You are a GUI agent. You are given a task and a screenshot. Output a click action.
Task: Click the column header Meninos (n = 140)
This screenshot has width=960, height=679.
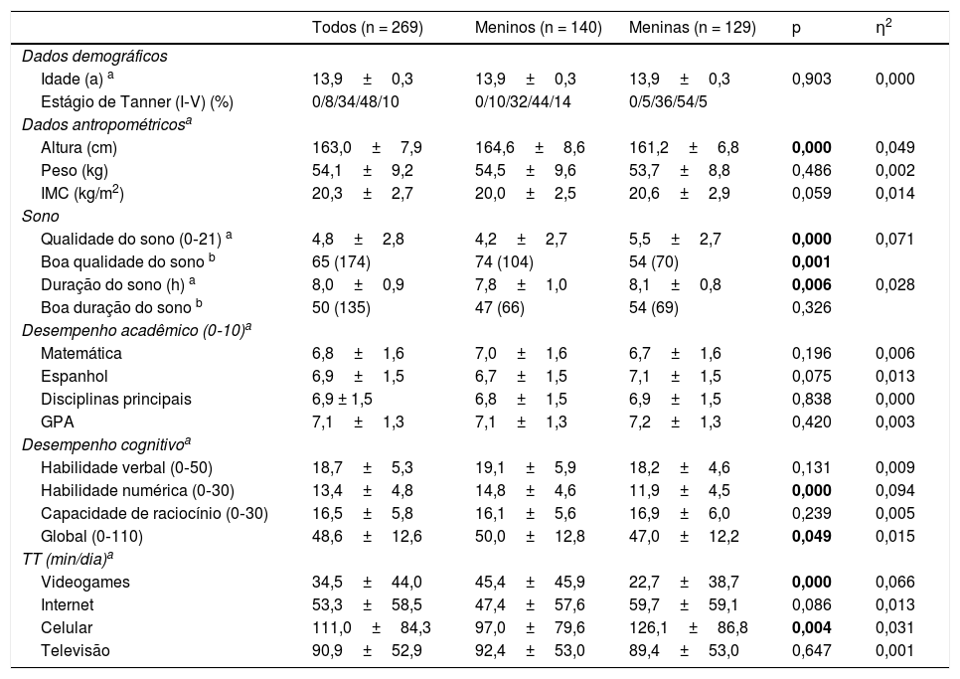(x=538, y=29)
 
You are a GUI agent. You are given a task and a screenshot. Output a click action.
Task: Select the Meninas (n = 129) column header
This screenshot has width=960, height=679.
(x=692, y=29)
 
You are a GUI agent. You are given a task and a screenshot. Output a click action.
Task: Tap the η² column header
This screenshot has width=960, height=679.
(x=880, y=28)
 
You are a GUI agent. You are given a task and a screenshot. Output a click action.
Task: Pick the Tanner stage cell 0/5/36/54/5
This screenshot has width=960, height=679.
(x=672, y=101)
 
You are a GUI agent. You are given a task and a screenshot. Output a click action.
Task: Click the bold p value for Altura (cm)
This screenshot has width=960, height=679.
(x=811, y=147)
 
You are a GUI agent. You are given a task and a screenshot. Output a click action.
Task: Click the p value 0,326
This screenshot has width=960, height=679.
(x=811, y=307)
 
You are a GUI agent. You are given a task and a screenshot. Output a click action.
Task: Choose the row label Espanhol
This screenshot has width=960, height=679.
(x=75, y=376)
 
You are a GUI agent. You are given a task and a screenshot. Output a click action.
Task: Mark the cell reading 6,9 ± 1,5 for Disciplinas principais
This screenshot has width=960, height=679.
(x=343, y=399)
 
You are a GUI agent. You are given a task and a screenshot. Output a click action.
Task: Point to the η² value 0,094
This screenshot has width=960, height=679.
(x=894, y=490)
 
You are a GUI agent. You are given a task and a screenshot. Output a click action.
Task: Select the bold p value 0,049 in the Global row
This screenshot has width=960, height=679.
(x=811, y=536)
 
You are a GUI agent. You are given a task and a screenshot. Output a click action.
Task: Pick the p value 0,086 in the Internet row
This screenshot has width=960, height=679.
(x=811, y=604)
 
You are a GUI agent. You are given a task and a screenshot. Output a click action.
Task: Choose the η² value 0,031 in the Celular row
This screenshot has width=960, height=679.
(x=894, y=627)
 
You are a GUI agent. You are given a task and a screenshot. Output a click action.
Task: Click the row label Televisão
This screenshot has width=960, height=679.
(x=76, y=650)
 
